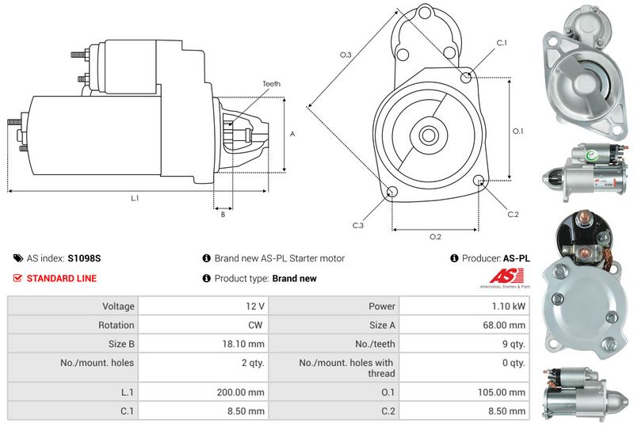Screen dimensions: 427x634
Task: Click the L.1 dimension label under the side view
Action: coord(135,198)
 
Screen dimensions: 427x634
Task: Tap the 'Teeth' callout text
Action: coord(271,84)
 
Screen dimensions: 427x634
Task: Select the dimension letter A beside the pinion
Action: coord(292,135)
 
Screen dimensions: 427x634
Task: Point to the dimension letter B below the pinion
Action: coord(223,214)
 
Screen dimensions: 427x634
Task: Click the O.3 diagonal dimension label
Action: coord(346,55)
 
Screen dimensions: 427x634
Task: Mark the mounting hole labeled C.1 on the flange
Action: coord(467,77)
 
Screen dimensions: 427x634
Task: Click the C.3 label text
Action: coord(358,226)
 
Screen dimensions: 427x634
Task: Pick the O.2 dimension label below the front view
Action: coord(435,237)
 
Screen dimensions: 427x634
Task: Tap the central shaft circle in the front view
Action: coord(429,135)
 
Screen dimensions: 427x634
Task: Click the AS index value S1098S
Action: coord(84,258)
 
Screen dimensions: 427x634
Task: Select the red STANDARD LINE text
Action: coord(62,279)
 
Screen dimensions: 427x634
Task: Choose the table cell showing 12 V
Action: coord(255,306)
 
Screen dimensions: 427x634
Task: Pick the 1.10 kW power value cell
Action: coord(509,306)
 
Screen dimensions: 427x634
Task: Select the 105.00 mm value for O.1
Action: coord(505,392)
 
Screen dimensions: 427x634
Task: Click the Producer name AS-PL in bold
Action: coord(517,258)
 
